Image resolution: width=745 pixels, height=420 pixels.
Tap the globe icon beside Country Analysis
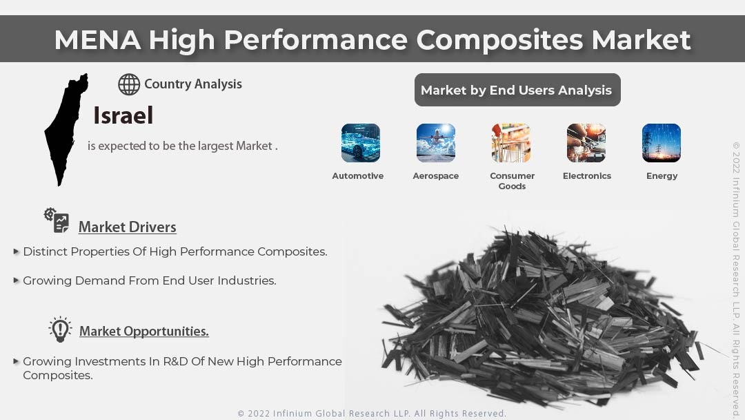[x=129, y=84]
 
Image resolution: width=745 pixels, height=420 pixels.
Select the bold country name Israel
[x=123, y=115]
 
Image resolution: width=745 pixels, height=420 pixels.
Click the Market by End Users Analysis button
[x=517, y=90]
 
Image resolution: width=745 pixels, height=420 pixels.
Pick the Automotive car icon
[x=360, y=143]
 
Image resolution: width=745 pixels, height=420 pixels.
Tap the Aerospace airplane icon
[x=435, y=143]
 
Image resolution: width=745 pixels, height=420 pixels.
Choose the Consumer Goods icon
[x=511, y=143]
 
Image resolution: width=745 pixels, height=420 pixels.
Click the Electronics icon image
[x=586, y=143]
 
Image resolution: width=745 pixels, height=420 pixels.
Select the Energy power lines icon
[x=662, y=143]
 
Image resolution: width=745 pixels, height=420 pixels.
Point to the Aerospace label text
[x=435, y=176]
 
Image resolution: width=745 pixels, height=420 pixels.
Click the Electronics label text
[x=587, y=176]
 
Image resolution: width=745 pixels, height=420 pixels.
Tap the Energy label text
[x=662, y=176]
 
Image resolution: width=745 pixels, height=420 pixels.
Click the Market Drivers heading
[x=127, y=227]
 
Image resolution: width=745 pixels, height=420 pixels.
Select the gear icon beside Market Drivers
[x=57, y=220]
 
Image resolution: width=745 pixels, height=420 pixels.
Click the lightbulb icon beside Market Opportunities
[x=60, y=330]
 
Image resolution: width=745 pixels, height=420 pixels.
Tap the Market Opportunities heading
[x=143, y=332]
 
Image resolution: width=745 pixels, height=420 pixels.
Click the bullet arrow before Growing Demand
[x=16, y=280]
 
